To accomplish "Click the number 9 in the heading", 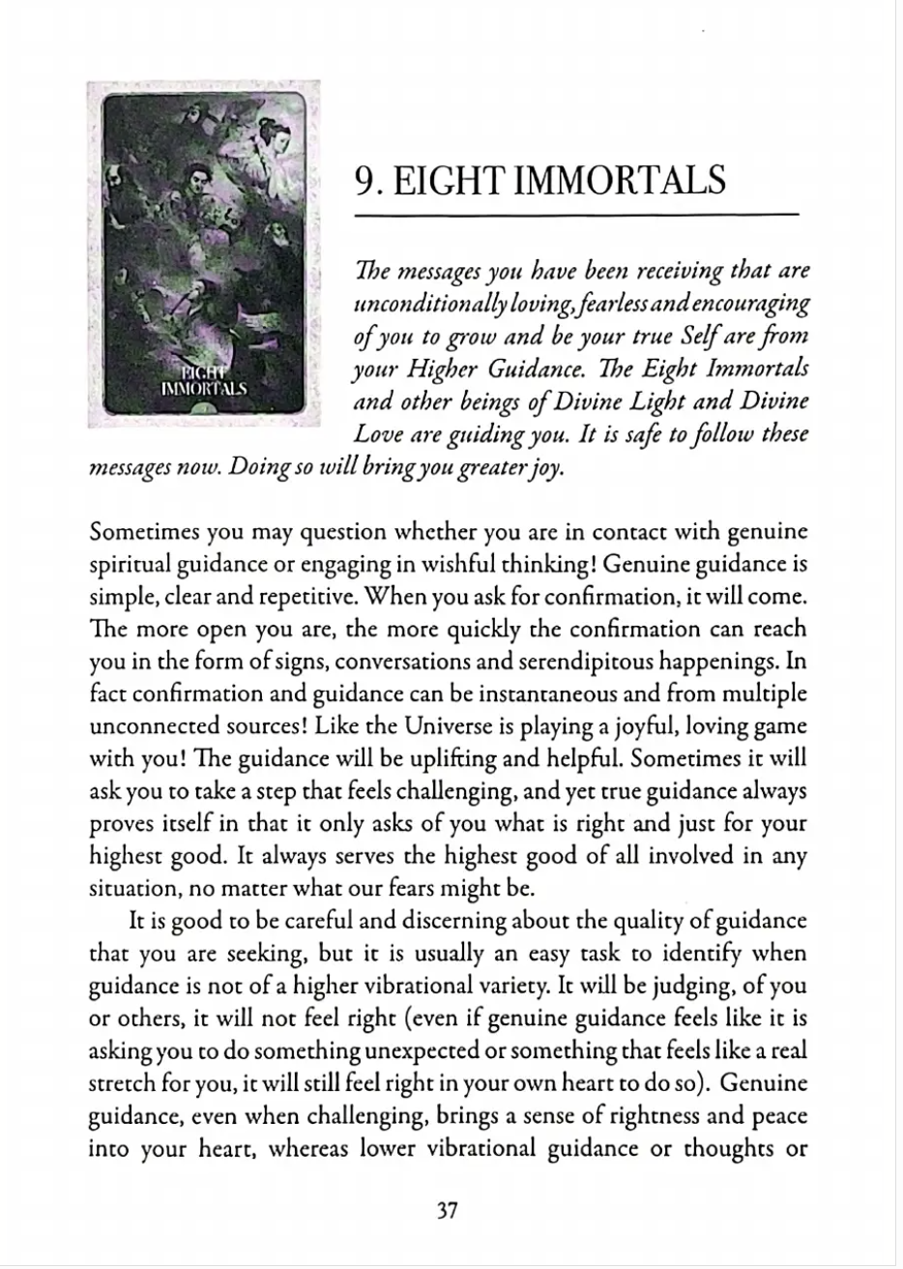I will coord(366,181).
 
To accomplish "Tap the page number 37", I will coord(446,1210).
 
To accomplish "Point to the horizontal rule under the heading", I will coord(577,214).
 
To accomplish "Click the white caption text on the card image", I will coord(205,382).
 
